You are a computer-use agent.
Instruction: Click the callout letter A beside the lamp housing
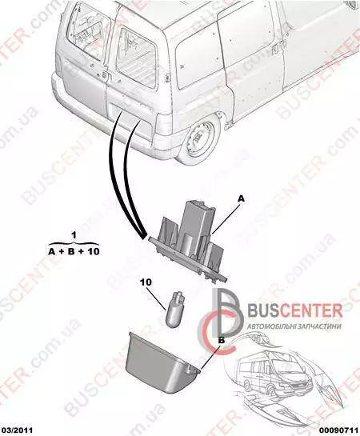(x=241, y=198)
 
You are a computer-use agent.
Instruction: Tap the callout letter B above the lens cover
(x=222, y=340)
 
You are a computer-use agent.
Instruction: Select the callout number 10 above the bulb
(x=146, y=282)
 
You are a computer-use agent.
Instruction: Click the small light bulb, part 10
(x=174, y=308)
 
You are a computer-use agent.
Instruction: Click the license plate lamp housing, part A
(x=189, y=241)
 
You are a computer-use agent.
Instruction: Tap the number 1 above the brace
(x=74, y=235)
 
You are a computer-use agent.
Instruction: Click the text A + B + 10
(x=74, y=252)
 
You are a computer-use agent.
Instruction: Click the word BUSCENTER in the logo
(x=294, y=310)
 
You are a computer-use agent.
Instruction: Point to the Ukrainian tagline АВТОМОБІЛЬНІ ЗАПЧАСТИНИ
(x=294, y=326)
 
